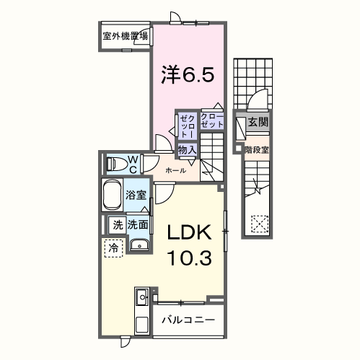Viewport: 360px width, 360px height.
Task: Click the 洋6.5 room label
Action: tap(187, 74)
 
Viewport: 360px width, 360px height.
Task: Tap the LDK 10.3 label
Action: tap(190, 245)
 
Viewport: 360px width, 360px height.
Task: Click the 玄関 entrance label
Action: tap(258, 122)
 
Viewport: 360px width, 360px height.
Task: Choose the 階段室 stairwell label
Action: tap(256, 150)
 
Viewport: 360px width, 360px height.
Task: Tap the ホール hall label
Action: tap(176, 170)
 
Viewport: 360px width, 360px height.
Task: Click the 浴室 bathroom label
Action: tap(136, 195)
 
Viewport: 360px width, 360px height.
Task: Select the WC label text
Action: tap(133, 164)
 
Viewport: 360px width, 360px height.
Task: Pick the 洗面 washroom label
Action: tap(138, 224)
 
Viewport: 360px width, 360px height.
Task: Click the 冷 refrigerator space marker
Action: tap(114, 248)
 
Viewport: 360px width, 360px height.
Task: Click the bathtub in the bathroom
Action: tap(113, 196)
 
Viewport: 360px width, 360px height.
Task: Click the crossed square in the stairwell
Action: tap(258, 224)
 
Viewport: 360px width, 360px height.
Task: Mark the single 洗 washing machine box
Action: tap(117, 224)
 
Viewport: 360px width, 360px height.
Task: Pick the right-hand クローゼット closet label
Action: tap(212, 120)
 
